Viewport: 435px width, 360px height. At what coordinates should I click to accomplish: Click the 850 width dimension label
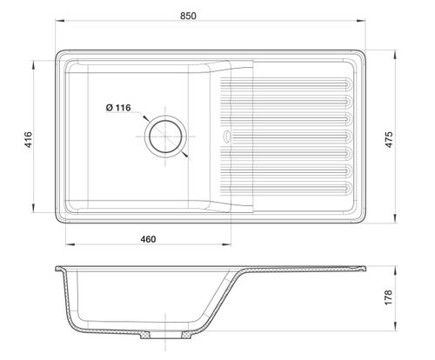[188, 16]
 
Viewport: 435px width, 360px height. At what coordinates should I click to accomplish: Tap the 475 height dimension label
[389, 139]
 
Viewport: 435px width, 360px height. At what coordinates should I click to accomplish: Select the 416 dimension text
[29, 139]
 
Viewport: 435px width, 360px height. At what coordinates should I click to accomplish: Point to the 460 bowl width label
[148, 239]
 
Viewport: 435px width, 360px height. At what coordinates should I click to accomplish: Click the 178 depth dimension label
[388, 297]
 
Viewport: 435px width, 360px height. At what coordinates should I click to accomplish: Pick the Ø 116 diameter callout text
[118, 108]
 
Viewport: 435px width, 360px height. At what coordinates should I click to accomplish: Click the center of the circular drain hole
[165, 137]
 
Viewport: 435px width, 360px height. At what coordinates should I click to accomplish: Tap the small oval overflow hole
[226, 137]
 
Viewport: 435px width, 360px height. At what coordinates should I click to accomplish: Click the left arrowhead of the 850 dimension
[59, 21]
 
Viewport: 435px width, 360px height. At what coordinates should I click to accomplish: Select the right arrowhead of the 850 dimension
[361, 21]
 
